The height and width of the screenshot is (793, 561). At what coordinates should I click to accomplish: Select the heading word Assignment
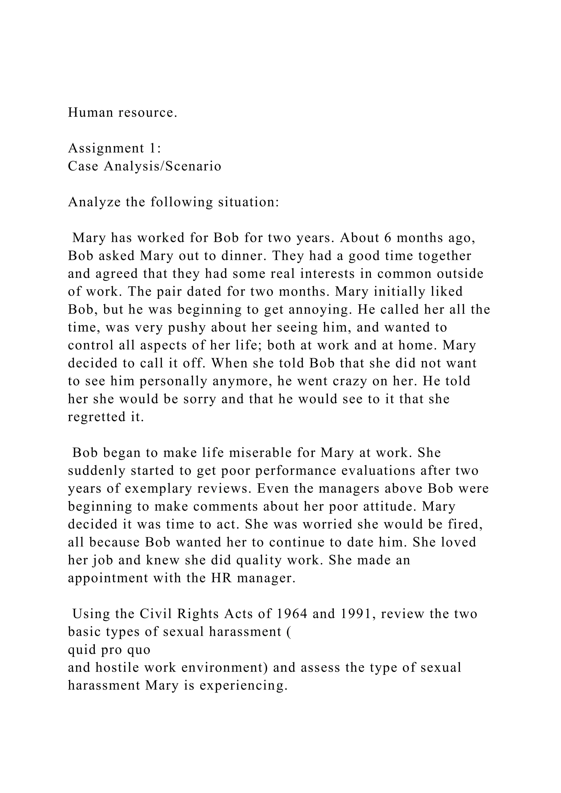coord(106,148)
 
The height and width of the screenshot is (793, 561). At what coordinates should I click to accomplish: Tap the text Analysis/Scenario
coord(162,166)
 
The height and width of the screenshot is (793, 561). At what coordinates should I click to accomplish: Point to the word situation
coord(248,202)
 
